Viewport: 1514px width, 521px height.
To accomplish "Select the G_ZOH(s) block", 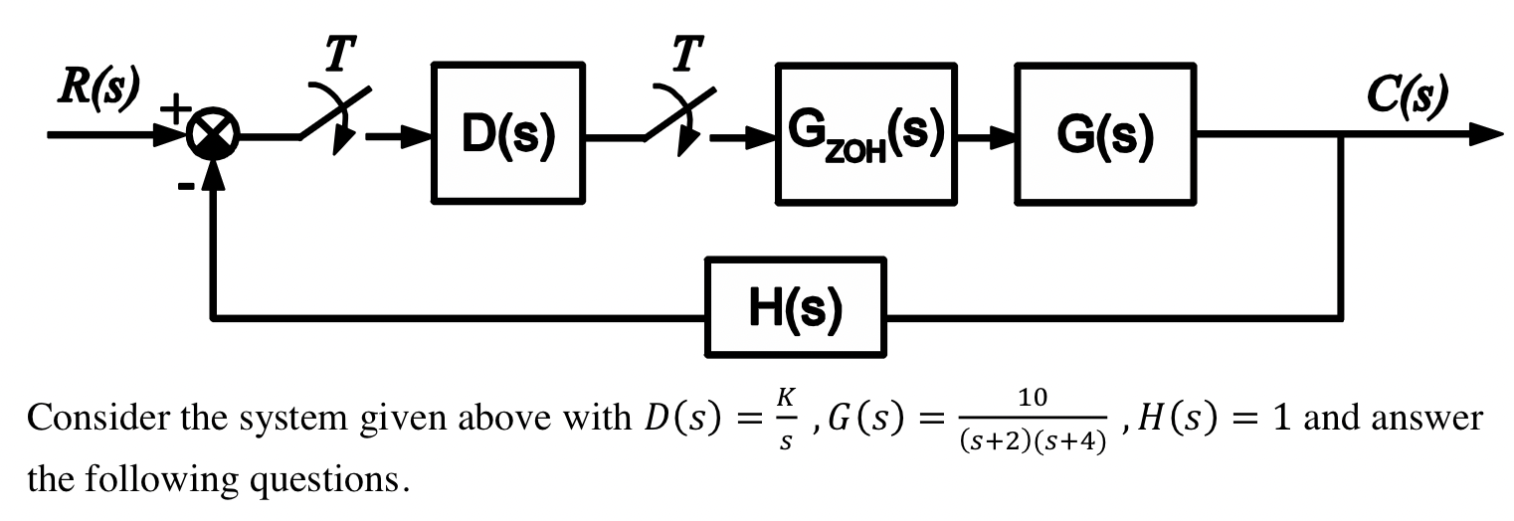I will coord(866,134).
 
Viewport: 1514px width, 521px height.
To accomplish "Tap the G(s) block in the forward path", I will coord(1104,134).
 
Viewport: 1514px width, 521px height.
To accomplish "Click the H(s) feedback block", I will coord(796,306).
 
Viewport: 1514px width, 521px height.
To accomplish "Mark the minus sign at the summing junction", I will coord(184,189).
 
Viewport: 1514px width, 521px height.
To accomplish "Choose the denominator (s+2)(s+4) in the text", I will coord(1032,439).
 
